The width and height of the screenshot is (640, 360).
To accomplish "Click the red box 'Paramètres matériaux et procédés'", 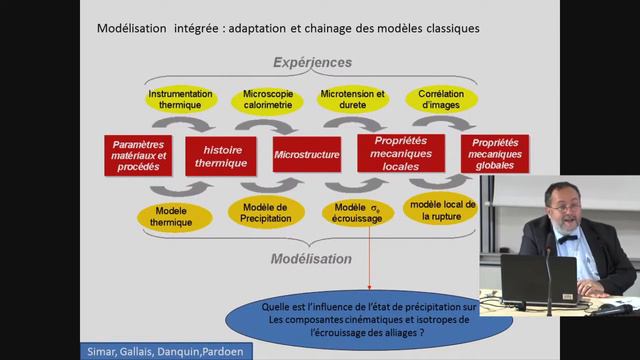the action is point(136,156).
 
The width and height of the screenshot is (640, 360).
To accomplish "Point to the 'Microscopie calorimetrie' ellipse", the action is point(267,100).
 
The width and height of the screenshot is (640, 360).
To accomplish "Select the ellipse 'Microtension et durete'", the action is point(352,100).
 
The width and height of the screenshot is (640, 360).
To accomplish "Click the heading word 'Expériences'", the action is point(307,59).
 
